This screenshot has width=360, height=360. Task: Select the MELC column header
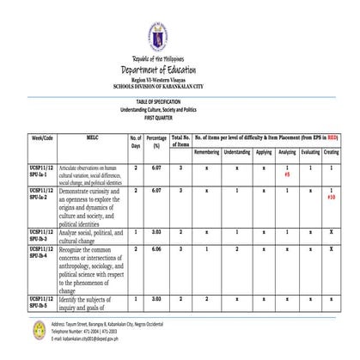[x=94, y=137]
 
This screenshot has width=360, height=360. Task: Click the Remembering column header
[x=206, y=152]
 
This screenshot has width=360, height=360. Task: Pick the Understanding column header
[x=237, y=152]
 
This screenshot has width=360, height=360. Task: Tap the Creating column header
[x=331, y=152]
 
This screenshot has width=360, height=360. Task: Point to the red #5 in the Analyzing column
[x=286, y=174]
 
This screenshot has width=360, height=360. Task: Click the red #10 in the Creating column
[x=331, y=197]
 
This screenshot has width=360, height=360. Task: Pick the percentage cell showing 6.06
[x=156, y=248]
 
